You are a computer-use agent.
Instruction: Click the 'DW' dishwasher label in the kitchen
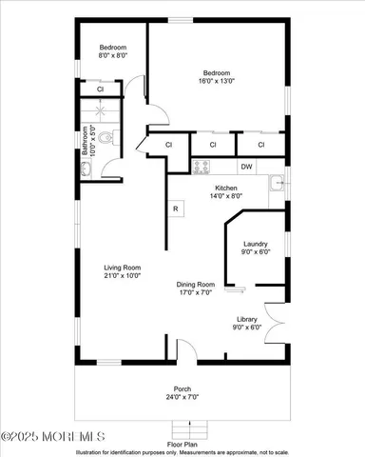click(x=246, y=167)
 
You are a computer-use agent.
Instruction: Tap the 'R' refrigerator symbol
click(x=176, y=209)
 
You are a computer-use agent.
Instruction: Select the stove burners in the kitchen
click(x=202, y=167)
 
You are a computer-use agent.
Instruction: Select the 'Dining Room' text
click(x=195, y=285)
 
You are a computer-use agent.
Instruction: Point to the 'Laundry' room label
click(x=256, y=244)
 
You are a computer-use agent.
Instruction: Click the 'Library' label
click(x=248, y=319)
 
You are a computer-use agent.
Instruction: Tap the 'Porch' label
click(x=182, y=387)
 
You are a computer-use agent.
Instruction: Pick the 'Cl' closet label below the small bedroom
click(x=100, y=89)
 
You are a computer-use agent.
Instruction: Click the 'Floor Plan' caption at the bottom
click(x=182, y=444)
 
